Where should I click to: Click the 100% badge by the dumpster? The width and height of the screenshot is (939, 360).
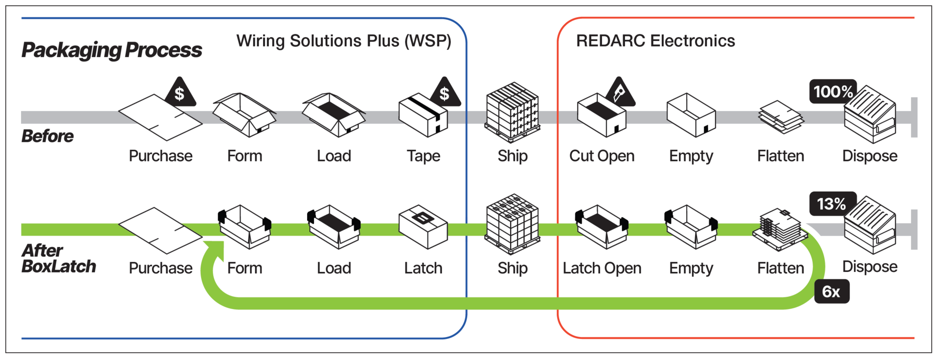(832, 91)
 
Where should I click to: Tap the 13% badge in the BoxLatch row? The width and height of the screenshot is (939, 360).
(832, 203)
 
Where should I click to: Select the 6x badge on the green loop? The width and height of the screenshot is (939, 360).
(831, 292)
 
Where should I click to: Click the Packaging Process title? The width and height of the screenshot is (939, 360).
(112, 50)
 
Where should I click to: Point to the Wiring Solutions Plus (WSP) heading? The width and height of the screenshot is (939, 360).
(344, 41)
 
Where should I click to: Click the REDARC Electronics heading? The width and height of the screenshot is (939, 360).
(655, 41)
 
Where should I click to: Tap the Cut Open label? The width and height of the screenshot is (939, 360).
(602, 156)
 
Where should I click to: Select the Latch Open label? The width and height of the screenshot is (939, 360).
(602, 268)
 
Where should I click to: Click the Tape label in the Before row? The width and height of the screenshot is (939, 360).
(423, 156)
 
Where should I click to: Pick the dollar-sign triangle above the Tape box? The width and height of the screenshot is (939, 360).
(445, 93)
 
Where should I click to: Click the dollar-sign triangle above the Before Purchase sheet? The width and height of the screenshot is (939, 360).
(180, 93)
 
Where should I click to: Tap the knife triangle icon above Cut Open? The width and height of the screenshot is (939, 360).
(620, 93)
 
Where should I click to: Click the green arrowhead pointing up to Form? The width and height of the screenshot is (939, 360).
(215, 249)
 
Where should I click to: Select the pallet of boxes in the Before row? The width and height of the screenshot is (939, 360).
(513, 112)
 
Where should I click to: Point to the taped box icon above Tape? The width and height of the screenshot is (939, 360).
(423, 116)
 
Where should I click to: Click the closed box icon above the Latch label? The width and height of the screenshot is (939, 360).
(423, 227)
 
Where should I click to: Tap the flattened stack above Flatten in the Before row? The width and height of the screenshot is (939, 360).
(781, 117)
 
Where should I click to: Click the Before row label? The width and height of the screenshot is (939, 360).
(47, 136)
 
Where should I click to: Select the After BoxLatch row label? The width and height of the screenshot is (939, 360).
(58, 258)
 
